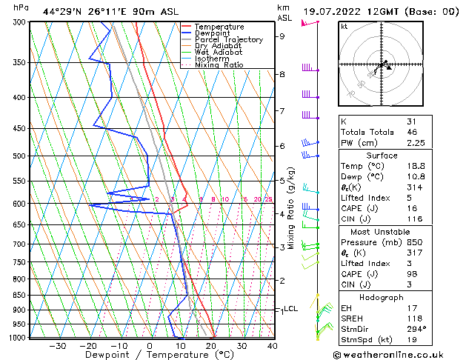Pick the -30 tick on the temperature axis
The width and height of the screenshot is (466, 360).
57,346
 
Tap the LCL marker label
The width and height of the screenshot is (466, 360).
291,309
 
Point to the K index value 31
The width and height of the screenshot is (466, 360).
412,121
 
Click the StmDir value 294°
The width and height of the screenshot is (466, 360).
417,329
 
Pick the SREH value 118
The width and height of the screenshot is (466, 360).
414,319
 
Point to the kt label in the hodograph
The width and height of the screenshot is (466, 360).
344,26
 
